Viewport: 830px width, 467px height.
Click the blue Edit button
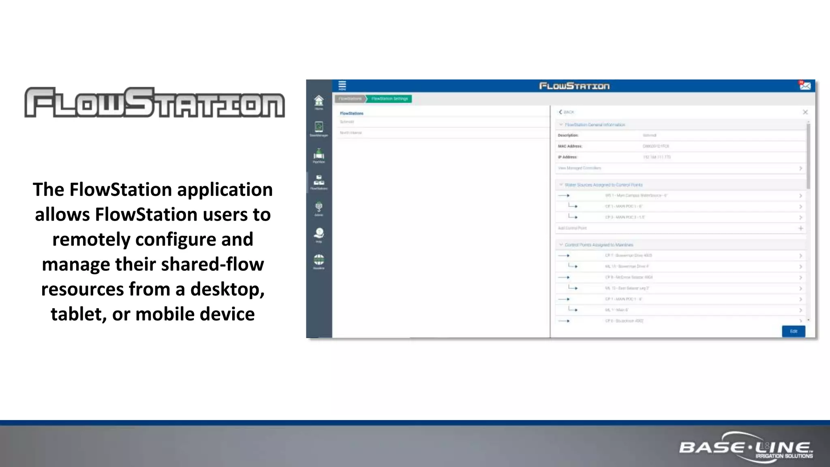(x=793, y=331)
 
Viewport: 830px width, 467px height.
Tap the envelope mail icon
(x=805, y=86)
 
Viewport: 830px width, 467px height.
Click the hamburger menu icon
(x=342, y=85)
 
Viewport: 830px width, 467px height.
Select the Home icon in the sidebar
(x=319, y=101)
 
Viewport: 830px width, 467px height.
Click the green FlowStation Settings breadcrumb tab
(x=389, y=99)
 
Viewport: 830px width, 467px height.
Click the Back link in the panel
(x=567, y=112)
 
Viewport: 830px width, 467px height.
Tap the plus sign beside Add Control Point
(x=800, y=228)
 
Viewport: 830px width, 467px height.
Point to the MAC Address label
(x=570, y=146)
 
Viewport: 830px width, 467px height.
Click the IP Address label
(x=567, y=157)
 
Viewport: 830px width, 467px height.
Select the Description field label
(x=568, y=135)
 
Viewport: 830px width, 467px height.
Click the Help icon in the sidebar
(x=319, y=234)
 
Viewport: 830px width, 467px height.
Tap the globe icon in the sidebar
(x=319, y=260)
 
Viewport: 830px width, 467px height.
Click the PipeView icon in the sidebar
(x=319, y=155)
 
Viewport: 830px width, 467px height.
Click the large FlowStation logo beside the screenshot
(x=154, y=103)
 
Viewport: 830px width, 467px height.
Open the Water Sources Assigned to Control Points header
(x=603, y=185)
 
